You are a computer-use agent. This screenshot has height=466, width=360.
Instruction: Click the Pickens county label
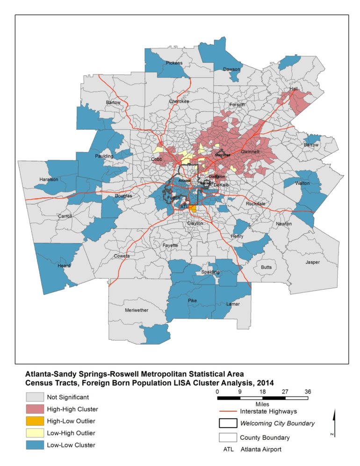173,63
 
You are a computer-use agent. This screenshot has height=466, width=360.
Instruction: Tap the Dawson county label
231,69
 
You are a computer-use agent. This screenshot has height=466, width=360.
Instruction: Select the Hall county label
294,89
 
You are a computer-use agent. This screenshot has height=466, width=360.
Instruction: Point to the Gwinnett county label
251,152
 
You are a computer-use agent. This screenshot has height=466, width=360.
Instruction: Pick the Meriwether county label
137,310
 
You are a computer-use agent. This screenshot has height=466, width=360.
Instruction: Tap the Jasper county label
312,262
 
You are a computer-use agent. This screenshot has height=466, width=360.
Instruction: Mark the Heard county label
64,266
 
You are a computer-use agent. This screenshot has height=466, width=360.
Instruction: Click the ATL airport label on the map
184,206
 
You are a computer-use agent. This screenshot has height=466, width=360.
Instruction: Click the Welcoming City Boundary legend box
227,423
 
